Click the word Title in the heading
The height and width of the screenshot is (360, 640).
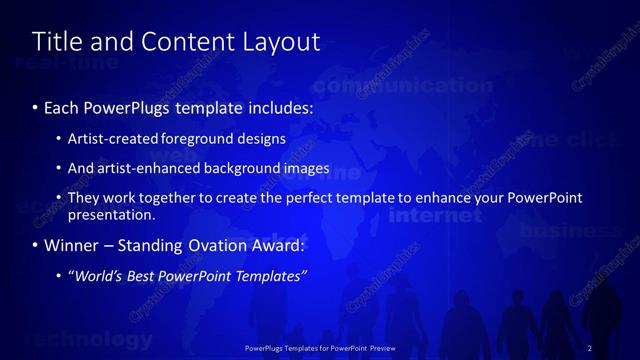[x=55, y=42]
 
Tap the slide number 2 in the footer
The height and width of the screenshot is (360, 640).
[x=590, y=348]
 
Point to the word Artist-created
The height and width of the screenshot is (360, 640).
[x=110, y=138]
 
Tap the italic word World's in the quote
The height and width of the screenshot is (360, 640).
[x=97, y=275]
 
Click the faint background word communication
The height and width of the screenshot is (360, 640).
[x=413, y=86]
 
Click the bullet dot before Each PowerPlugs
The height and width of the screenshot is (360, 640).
[x=35, y=106]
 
